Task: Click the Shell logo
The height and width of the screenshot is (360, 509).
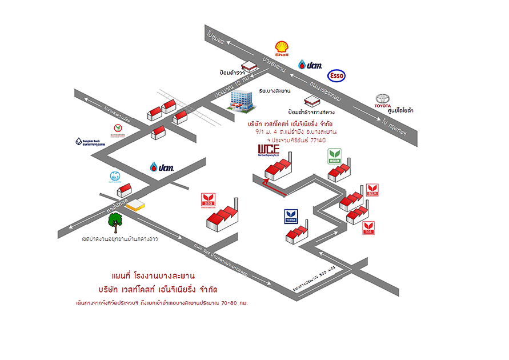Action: click(282, 48)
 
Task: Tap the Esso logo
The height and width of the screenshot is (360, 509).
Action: click(335, 75)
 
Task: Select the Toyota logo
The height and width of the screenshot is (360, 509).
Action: click(382, 101)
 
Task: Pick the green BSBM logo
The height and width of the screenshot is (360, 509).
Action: click(334, 157)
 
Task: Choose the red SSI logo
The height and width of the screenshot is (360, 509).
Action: click(207, 201)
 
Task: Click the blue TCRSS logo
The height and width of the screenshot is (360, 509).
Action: click(291, 217)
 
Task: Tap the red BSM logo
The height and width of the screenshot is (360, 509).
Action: click(372, 190)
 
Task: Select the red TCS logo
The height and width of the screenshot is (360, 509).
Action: click(369, 227)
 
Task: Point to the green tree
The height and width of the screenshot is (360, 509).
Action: click(117, 223)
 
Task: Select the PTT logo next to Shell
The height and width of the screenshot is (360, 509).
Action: click(310, 65)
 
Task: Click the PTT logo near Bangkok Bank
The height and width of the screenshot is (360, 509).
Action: click(162, 167)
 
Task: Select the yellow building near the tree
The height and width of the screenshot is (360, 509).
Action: click(137, 204)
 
